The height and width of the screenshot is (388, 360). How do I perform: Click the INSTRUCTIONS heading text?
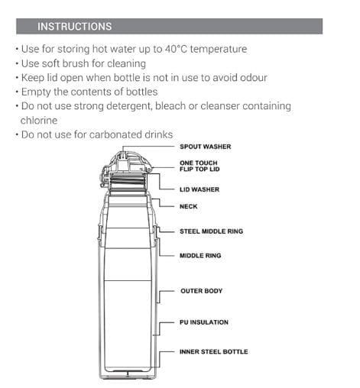[x=75, y=27]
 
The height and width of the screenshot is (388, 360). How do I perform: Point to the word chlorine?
[x=39, y=121]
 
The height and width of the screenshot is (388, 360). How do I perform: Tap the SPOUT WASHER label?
[x=206, y=147]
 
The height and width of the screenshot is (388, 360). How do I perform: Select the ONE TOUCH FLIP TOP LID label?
[x=199, y=166]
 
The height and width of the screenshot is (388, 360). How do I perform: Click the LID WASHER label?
[x=199, y=189]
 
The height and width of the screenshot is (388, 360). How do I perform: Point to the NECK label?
[x=189, y=206]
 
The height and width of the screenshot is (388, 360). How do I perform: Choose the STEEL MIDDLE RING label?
[x=212, y=231]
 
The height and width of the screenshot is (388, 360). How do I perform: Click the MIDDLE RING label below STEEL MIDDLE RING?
[x=200, y=256]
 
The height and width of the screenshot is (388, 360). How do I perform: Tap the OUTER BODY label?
[x=202, y=291]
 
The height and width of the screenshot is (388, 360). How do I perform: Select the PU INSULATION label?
[x=204, y=322]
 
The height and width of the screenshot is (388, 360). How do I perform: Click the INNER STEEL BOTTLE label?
[x=214, y=352]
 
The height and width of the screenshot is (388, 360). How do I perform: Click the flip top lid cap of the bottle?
[x=127, y=161]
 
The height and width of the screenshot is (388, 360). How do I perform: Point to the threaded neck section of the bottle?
[x=126, y=183]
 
